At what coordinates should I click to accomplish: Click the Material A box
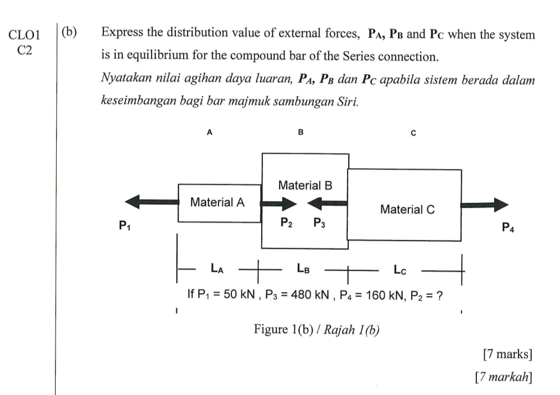219,203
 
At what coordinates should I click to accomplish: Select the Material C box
404,205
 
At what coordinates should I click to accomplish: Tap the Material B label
305,185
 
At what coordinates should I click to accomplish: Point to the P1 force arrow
152,202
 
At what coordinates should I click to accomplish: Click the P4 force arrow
484,205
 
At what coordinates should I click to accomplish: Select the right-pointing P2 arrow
279,204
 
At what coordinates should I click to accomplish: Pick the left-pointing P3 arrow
327,203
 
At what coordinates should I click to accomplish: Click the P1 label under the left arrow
125,225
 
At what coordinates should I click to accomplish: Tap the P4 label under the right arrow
508,227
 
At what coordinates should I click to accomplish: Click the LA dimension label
217,268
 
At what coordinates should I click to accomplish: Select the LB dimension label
303,268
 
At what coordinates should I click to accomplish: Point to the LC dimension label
400,270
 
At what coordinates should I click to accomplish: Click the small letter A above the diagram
210,133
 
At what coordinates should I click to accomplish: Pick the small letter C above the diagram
413,133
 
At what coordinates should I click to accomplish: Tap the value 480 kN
309,295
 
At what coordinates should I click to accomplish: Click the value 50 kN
239,294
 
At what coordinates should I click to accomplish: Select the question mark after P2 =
440,296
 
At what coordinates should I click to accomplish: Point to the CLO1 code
24,35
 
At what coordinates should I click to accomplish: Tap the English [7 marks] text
508,354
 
